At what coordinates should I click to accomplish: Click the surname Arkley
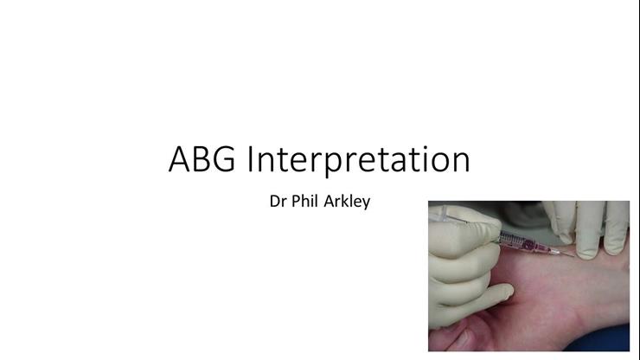(x=348, y=206)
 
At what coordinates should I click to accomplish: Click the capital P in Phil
(x=298, y=205)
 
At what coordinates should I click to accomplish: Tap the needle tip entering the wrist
(x=573, y=255)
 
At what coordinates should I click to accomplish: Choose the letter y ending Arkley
(x=366, y=208)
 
